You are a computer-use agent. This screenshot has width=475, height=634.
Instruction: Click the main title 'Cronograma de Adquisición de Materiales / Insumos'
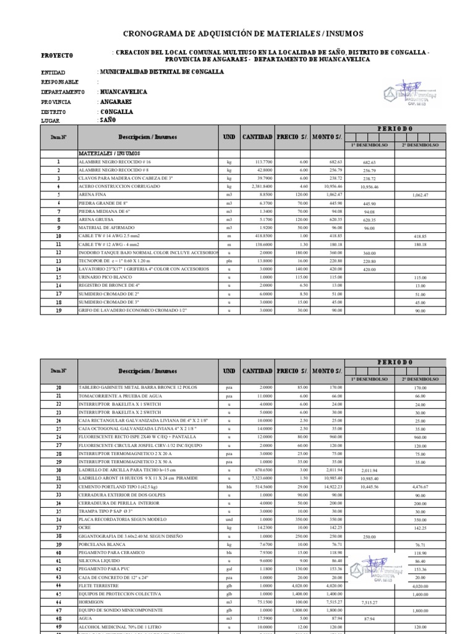click(244, 33)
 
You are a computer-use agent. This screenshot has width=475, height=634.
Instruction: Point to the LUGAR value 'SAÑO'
click(108, 120)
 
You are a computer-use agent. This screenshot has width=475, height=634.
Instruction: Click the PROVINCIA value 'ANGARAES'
click(116, 102)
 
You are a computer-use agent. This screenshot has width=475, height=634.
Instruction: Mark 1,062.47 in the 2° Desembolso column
click(420, 194)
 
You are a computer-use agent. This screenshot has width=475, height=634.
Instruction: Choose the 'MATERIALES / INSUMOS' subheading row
click(109, 152)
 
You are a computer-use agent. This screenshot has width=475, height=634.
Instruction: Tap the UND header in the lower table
click(229, 371)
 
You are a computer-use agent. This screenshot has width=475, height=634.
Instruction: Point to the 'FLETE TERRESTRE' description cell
click(98, 585)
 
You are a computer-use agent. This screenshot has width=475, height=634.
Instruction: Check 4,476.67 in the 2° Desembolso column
click(420, 487)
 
